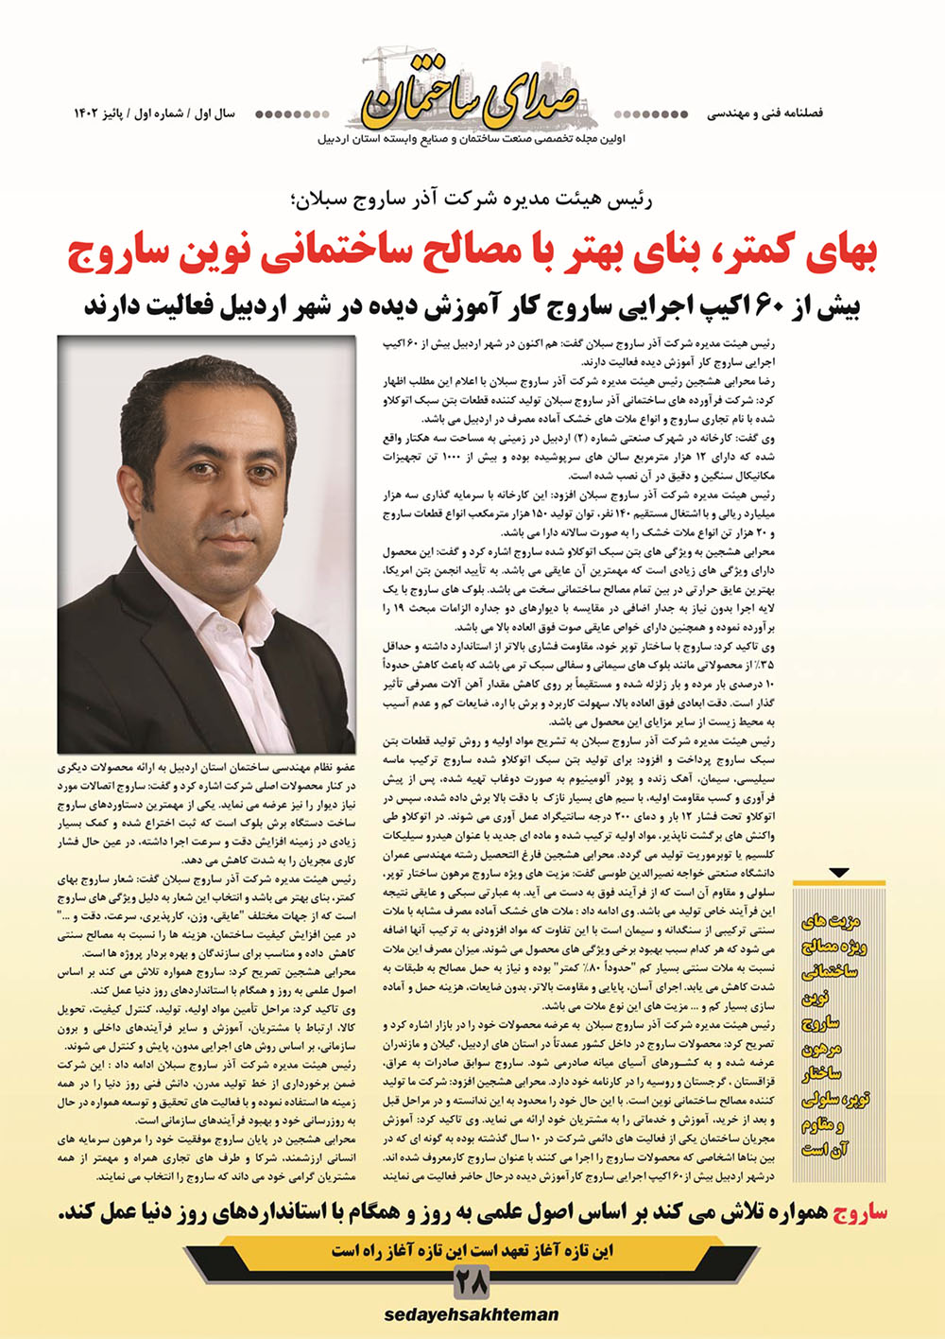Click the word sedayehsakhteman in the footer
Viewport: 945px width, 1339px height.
pyautogui.click(x=471, y=1314)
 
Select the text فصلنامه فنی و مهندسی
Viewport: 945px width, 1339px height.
pyautogui.click(x=765, y=113)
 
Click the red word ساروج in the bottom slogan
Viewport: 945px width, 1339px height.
pyautogui.click(x=854, y=1212)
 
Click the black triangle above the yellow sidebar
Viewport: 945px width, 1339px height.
pyautogui.click(x=838, y=873)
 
